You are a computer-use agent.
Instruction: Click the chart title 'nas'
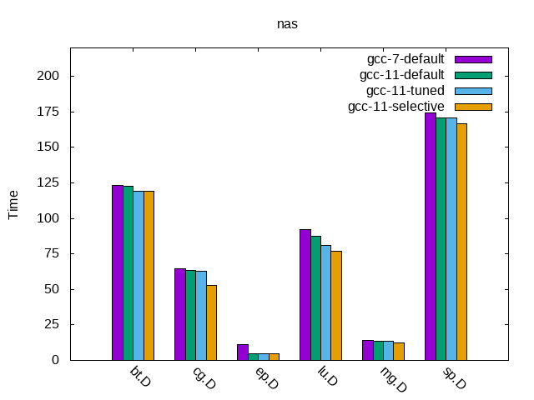[x=287, y=24]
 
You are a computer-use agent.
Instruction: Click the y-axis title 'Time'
[x=13, y=204]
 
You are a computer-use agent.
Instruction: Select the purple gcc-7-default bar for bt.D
[x=118, y=272]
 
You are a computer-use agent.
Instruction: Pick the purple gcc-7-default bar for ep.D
[x=243, y=352]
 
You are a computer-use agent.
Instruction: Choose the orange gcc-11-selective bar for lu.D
[x=336, y=305]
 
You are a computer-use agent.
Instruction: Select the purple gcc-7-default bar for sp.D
[x=431, y=237]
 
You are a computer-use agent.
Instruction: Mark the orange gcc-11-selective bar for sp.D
[x=461, y=242]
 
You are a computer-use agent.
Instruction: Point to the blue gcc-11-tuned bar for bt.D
[x=139, y=275]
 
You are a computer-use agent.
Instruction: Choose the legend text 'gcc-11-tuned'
[x=406, y=91]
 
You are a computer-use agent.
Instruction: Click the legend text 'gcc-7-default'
[x=406, y=59]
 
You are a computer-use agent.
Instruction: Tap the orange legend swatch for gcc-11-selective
[x=473, y=107]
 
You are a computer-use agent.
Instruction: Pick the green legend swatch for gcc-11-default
[x=473, y=75]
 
